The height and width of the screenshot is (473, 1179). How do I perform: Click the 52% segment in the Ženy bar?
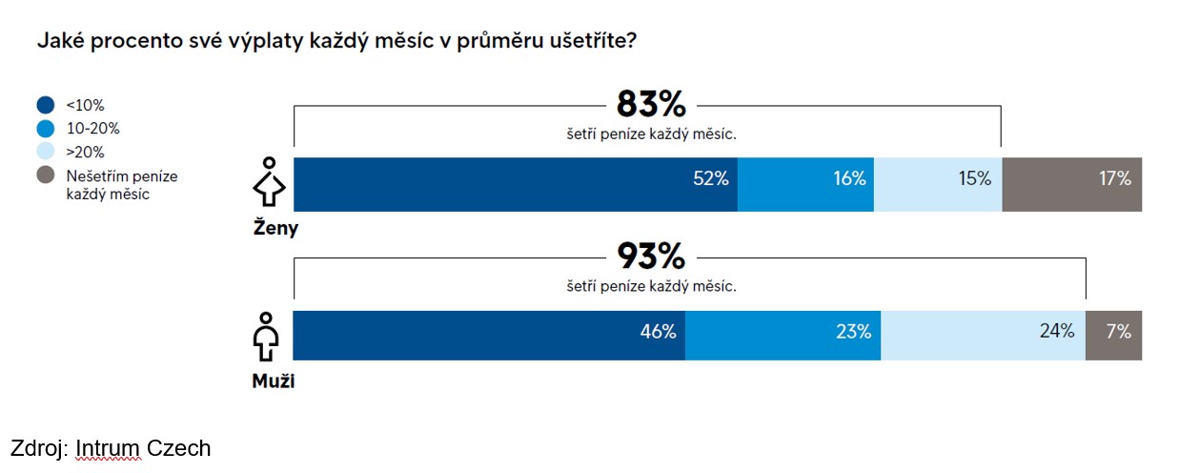515,184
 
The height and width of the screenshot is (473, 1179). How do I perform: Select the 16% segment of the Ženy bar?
805,184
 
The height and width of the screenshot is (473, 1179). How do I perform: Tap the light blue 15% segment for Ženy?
937,184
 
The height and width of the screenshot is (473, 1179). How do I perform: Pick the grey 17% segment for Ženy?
1071,184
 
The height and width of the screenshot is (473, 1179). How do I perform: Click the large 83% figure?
651,104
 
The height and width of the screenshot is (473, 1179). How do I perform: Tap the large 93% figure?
651,257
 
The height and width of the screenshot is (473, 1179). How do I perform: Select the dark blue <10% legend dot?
46,105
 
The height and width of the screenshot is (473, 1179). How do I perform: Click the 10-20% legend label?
92,128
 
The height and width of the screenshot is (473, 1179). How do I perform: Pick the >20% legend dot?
46,152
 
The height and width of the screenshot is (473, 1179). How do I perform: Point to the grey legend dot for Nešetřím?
46,175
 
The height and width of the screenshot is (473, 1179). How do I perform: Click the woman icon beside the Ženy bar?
269,183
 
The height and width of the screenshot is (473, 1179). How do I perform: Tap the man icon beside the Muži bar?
267,336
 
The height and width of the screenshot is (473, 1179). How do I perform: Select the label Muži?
273,382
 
